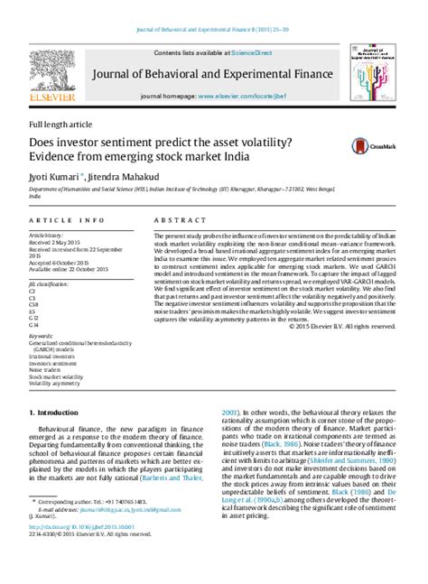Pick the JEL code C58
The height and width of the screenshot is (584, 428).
pyautogui.click(x=34, y=306)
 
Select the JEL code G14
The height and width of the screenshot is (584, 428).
pyautogui.click(x=34, y=325)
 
